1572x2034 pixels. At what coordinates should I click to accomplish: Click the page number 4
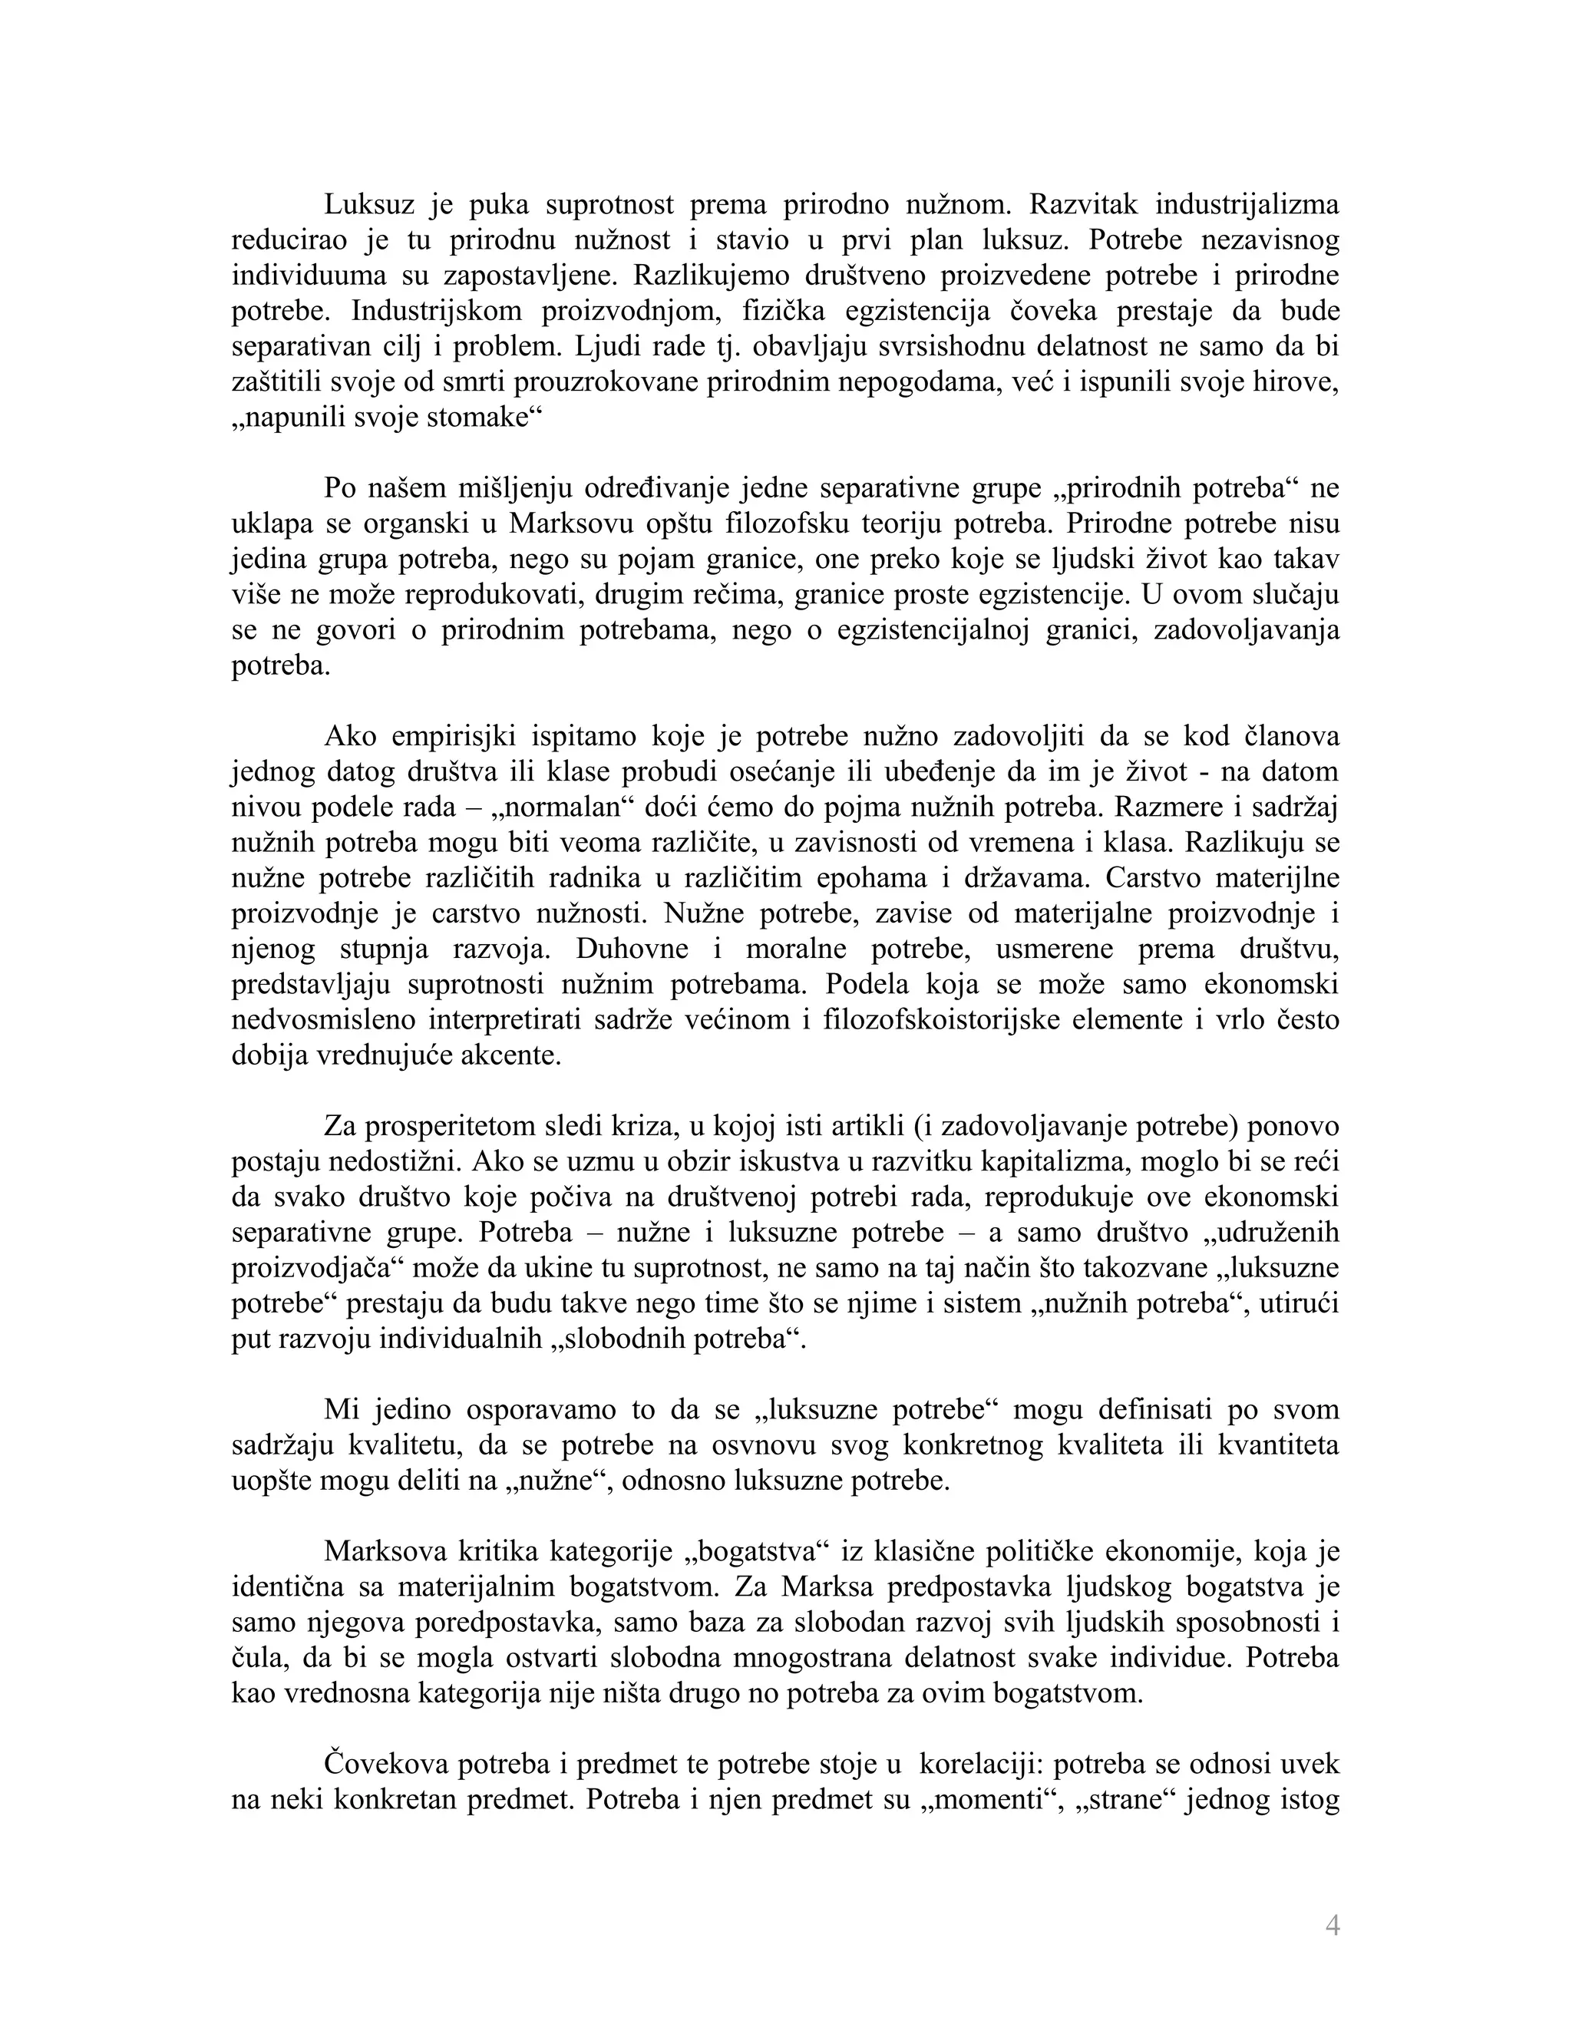pyautogui.click(x=1332, y=1925)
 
